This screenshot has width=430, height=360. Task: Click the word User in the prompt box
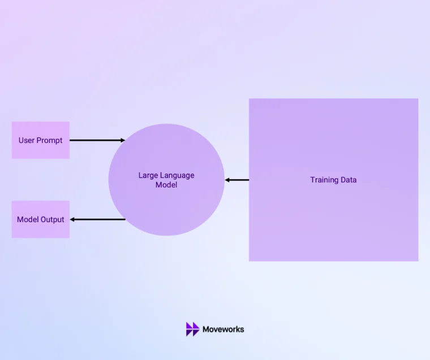point(27,140)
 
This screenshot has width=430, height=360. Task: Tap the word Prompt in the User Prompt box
point(50,141)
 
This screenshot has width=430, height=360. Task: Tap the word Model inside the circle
point(166,185)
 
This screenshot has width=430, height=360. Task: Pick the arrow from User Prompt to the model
point(97,140)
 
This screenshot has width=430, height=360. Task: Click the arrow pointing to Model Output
point(98,219)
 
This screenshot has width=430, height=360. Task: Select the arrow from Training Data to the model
point(237,180)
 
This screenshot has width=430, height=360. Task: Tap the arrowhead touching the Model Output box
point(72,219)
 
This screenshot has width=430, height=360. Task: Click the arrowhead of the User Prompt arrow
point(123,140)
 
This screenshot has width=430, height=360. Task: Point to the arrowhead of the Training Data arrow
point(227,180)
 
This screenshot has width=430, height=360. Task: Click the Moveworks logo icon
point(192,329)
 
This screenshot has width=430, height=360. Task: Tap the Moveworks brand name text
point(223,329)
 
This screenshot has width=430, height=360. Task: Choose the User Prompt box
point(41,140)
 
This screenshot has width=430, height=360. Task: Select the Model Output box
point(41,219)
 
